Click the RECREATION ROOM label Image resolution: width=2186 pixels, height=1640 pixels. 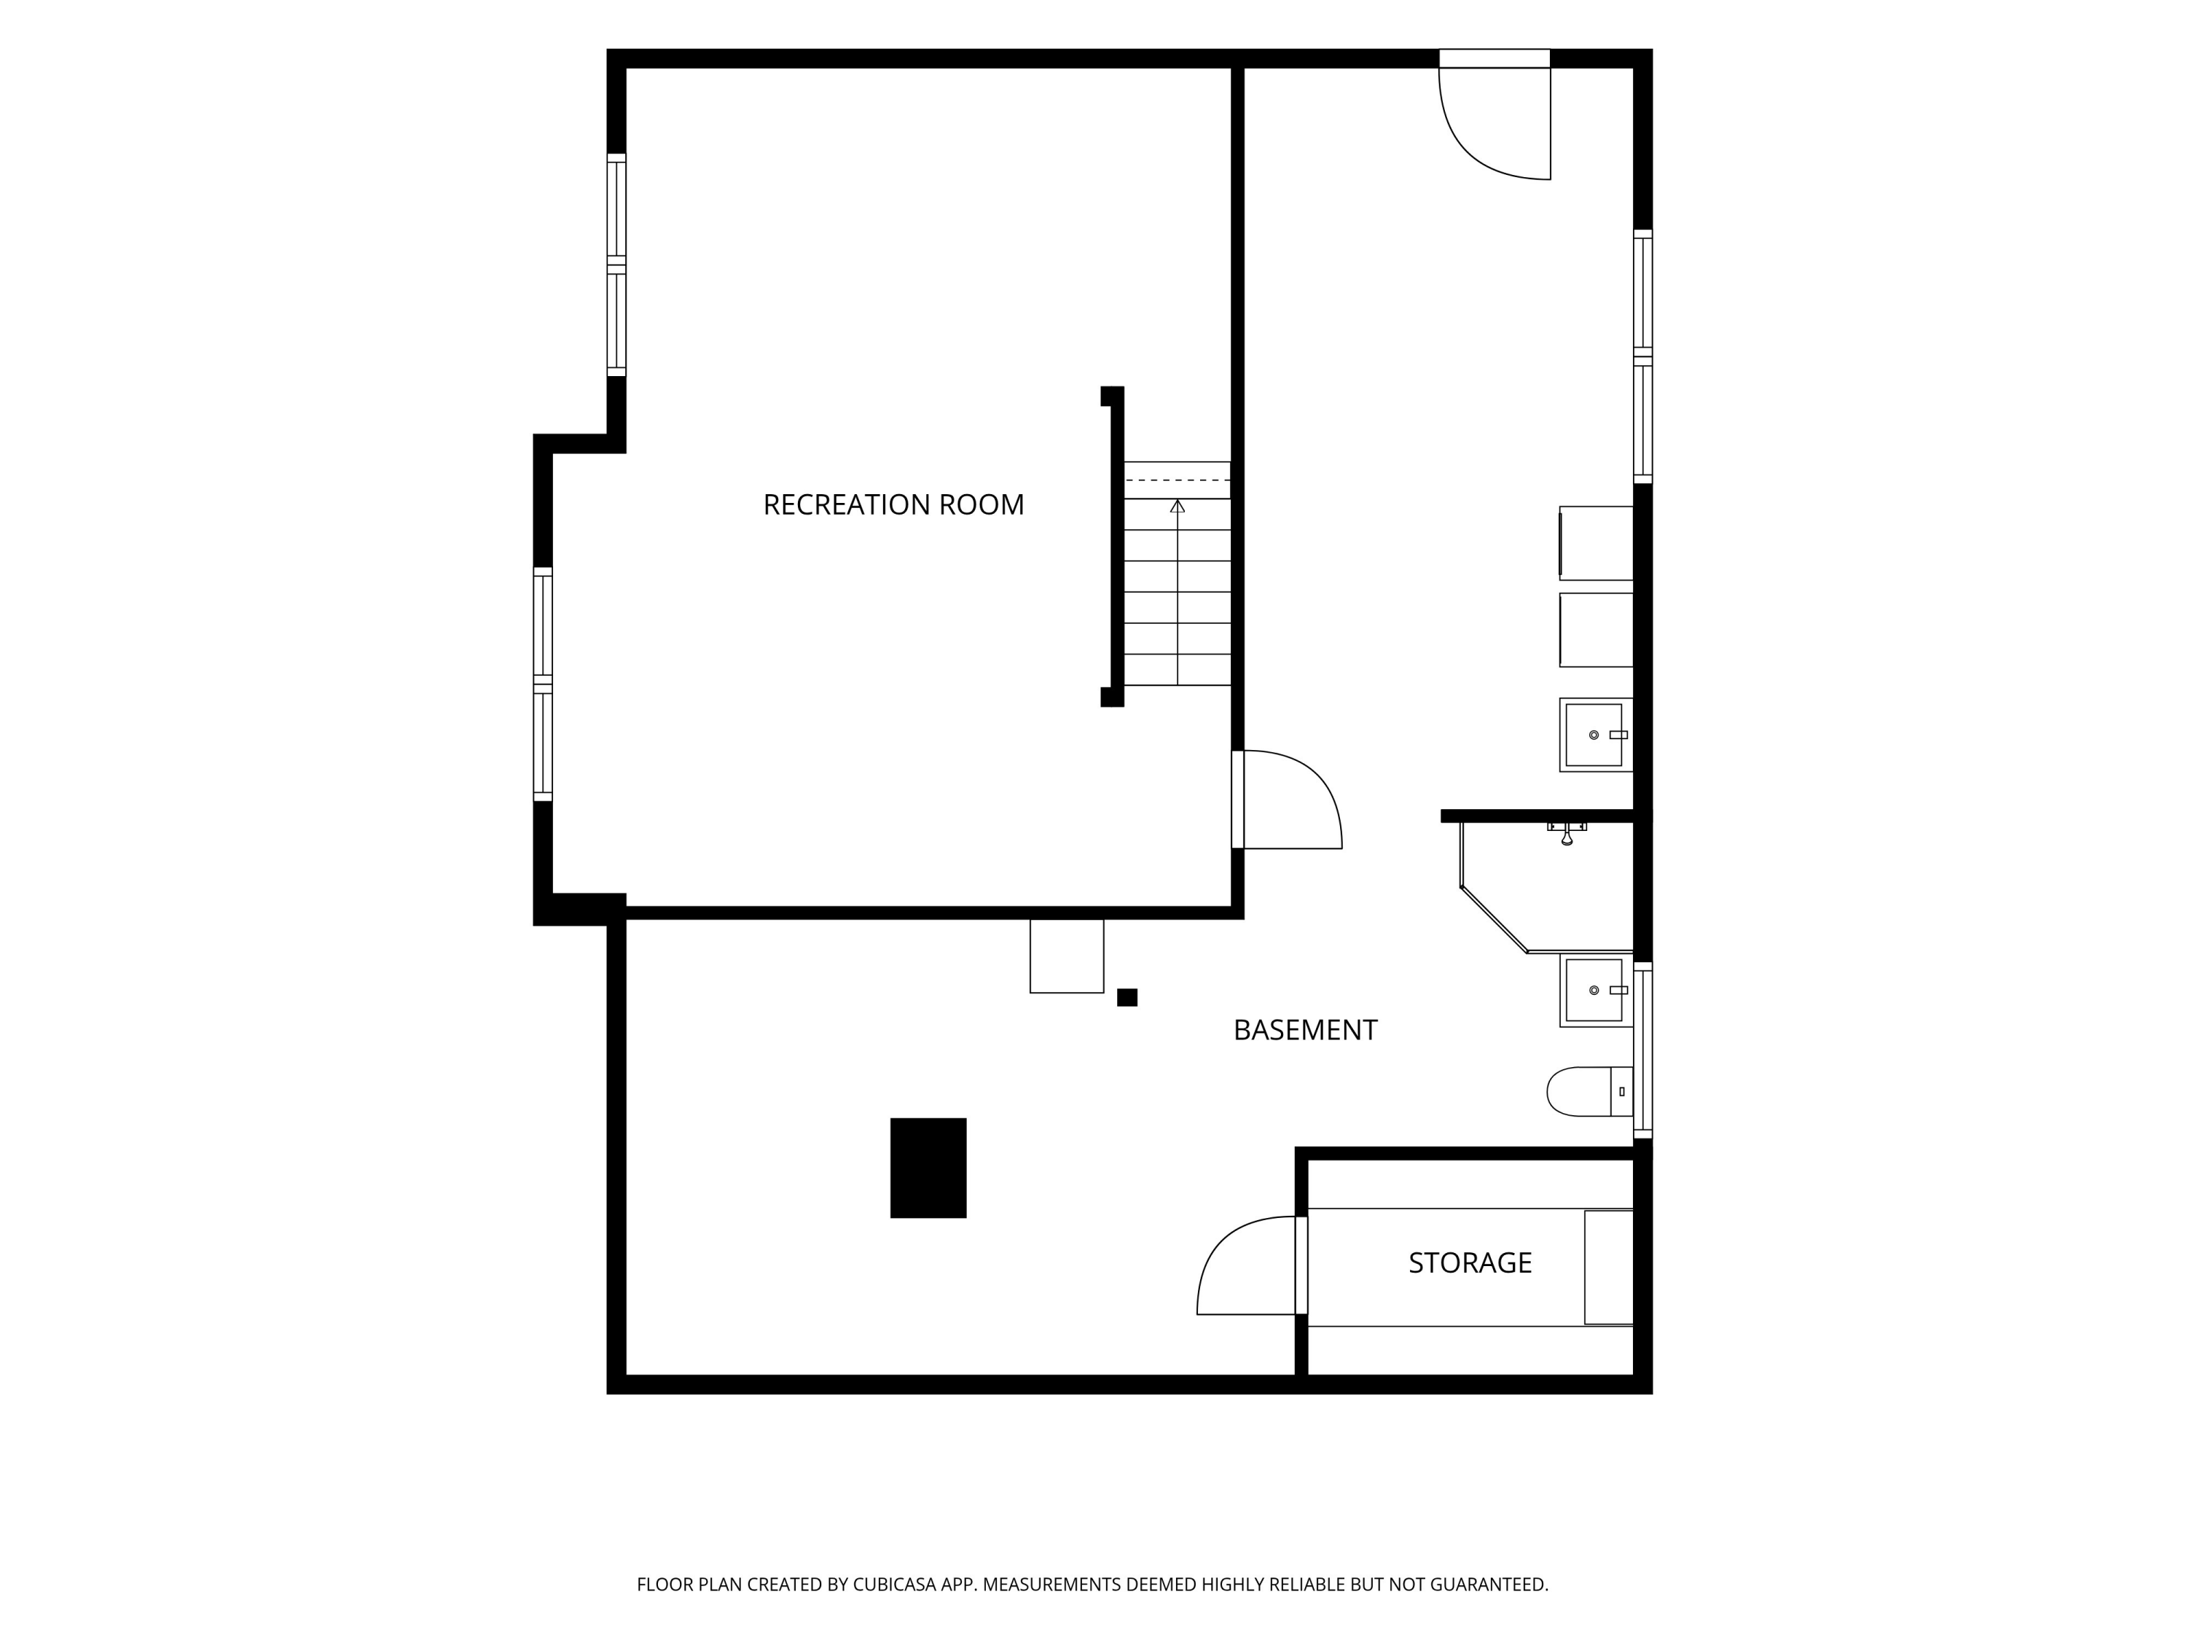coord(893,505)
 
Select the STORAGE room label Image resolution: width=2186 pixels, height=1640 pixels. coord(1470,1263)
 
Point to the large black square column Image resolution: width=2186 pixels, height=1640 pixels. coord(928,1168)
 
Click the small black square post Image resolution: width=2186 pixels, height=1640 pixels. coord(1127,997)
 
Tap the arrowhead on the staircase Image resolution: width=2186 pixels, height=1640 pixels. coord(1177,506)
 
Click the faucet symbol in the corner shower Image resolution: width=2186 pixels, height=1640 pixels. coord(1567,833)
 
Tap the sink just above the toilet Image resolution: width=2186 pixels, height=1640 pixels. coord(1596,991)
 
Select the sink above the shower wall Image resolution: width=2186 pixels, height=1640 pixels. coord(1596,735)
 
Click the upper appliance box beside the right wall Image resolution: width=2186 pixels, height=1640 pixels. coord(1596,544)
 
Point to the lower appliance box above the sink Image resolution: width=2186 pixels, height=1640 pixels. coord(1596,630)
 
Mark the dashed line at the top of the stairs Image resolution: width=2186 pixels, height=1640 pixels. coord(1177,480)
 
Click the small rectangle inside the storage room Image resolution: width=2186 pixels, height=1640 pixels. coord(1609,1268)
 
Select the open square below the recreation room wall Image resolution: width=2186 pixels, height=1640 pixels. coord(1066,956)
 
